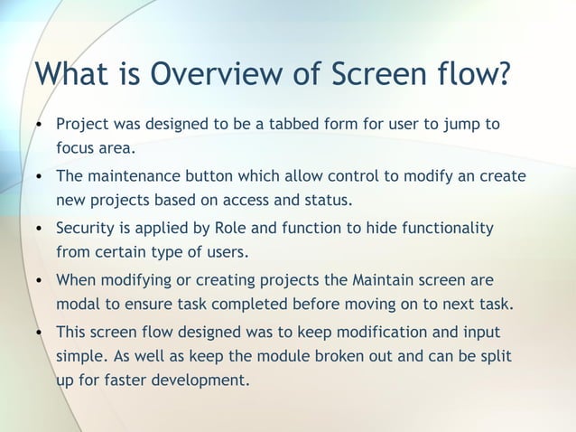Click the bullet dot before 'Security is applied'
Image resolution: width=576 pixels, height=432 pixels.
[39, 229]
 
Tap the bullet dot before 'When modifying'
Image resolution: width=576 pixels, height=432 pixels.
[39, 281]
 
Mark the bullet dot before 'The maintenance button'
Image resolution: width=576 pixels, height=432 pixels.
[39, 176]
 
